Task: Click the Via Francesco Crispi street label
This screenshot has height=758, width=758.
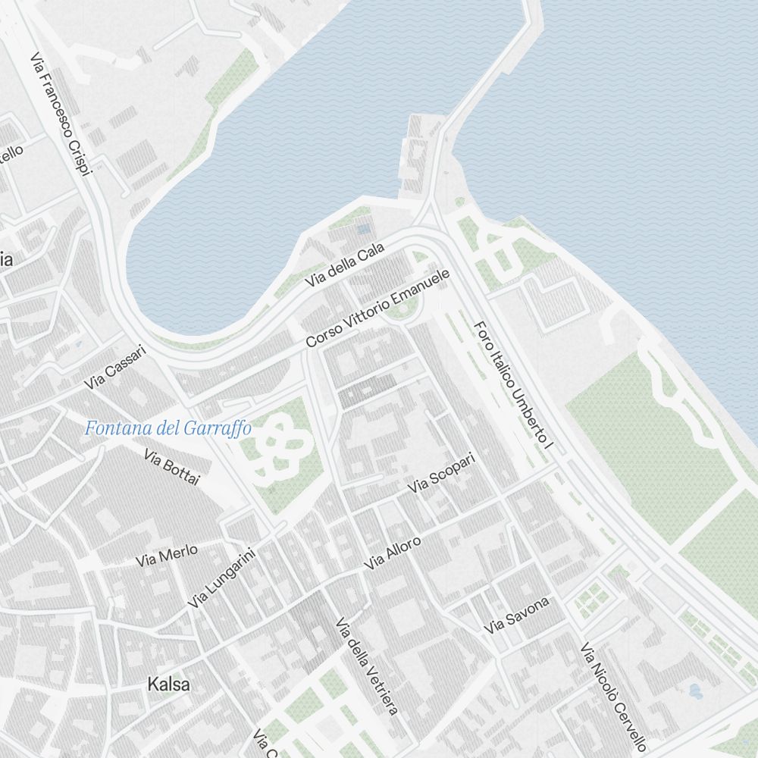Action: coord(61,114)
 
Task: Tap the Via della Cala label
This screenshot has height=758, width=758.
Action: coord(345,265)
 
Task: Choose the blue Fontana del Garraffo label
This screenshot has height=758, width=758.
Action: coord(168,428)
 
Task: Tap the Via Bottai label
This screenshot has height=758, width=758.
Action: coord(171,466)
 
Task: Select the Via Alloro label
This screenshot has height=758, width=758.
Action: coord(392,553)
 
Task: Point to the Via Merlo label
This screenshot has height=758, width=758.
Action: coord(167,555)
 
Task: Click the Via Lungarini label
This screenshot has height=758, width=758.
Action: coord(221,578)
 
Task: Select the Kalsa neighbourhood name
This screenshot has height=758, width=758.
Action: coord(169,684)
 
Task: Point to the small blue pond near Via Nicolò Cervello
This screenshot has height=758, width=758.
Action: coord(694,691)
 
